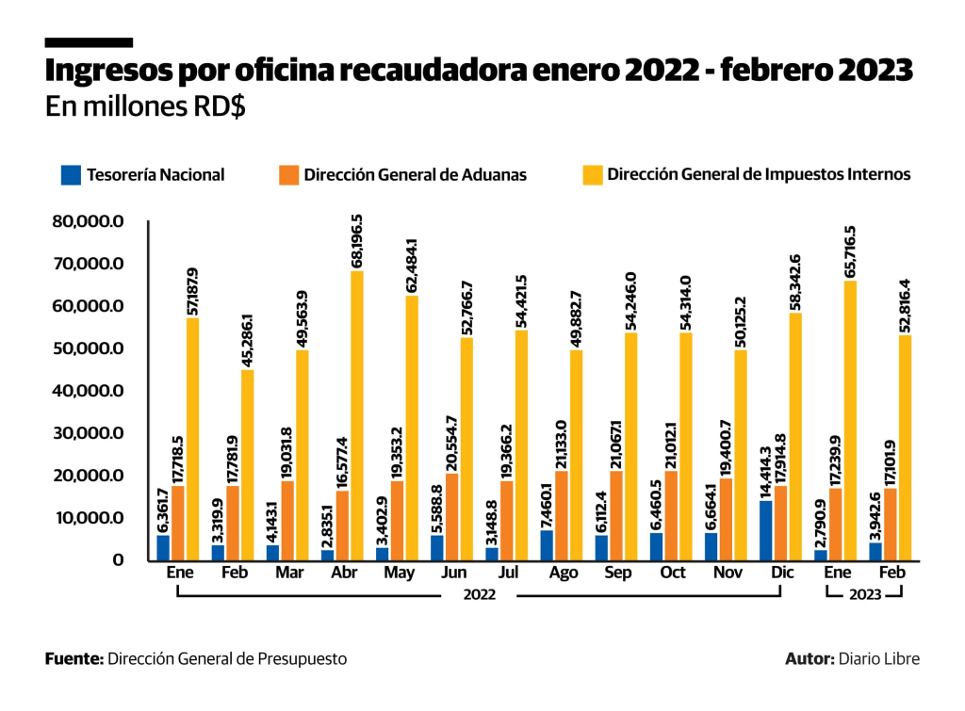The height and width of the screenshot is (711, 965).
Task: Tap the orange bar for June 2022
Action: click(452, 516)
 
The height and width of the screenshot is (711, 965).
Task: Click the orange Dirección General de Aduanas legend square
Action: click(288, 174)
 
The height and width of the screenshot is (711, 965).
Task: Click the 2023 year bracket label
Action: click(865, 594)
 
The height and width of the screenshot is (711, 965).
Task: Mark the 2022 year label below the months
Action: click(479, 594)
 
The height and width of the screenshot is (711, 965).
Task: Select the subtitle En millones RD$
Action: click(145, 106)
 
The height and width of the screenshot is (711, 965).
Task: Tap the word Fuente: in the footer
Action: click(74, 659)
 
